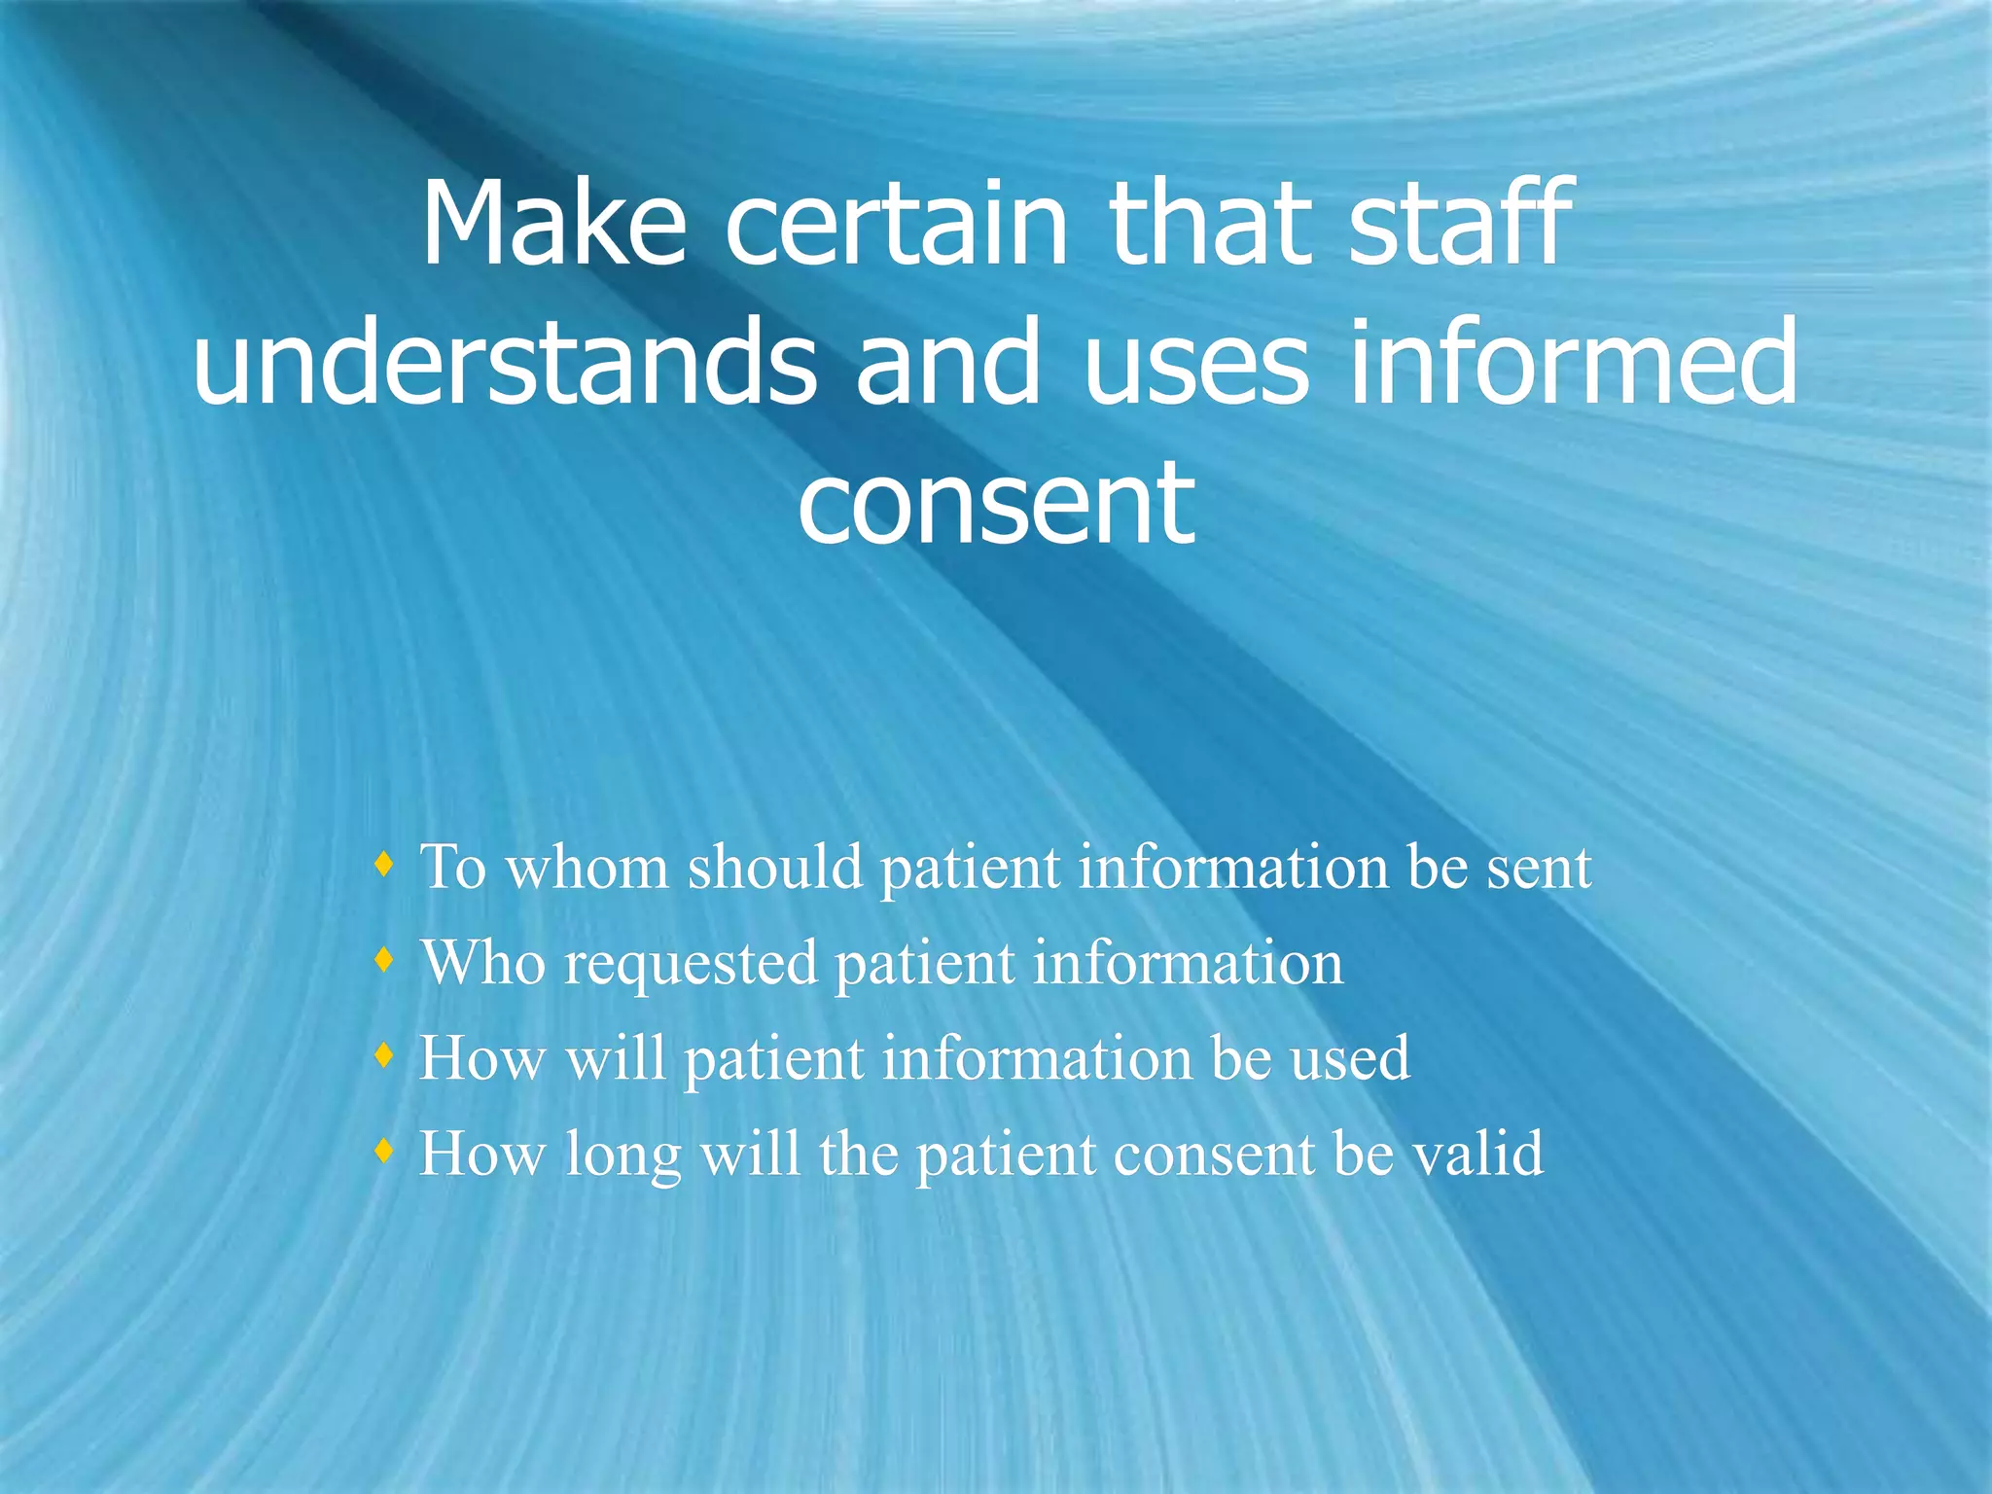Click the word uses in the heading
[1195, 364]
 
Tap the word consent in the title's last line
[996, 504]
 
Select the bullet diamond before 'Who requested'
[385, 960]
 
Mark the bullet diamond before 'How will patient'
[385, 1055]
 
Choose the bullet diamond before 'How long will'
[385, 1152]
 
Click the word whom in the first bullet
[587, 867]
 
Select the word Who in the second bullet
[481, 963]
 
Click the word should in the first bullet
[774, 867]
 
